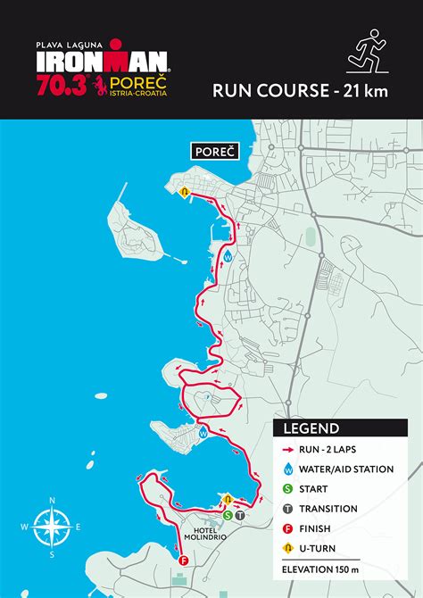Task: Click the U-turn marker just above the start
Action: pos(228,499)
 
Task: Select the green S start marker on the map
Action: pos(228,514)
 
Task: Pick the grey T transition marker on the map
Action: pos(239,514)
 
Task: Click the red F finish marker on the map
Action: pos(183,561)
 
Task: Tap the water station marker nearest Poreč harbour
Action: pos(228,255)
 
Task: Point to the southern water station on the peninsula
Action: pos(203,433)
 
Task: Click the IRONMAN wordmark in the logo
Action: pos(103,61)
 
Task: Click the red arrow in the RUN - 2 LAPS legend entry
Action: pos(289,450)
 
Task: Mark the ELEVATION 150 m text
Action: pos(320,569)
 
